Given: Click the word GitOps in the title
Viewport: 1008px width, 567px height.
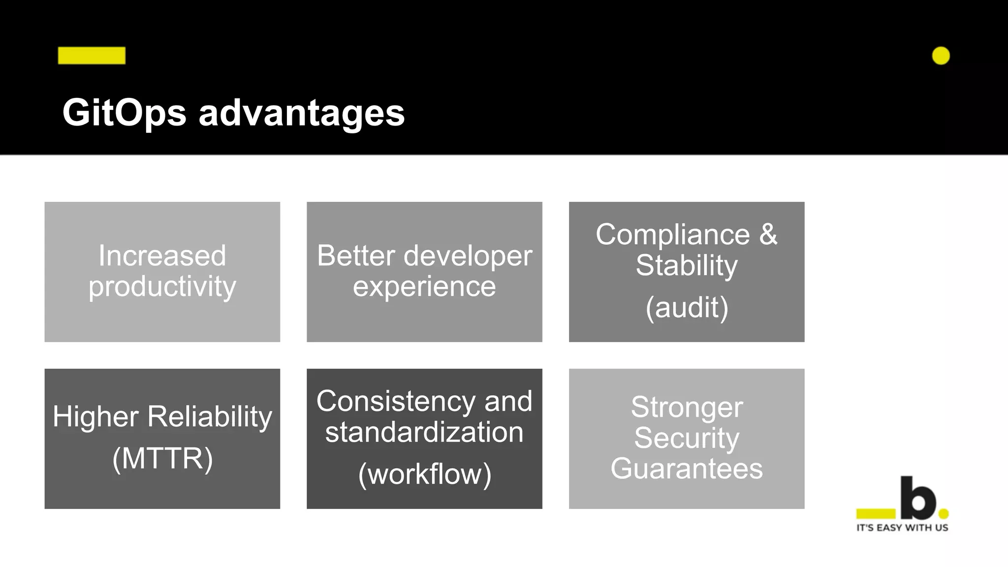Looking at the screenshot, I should (124, 113).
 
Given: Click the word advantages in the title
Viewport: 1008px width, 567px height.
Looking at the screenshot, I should (301, 113).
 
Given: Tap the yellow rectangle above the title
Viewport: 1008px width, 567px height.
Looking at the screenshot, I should (92, 56).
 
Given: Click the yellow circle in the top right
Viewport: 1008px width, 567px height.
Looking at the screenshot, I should (941, 56).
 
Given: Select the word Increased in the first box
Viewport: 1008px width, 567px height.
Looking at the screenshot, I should (162, 255).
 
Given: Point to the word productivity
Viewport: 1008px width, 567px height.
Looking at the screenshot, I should (162, 286).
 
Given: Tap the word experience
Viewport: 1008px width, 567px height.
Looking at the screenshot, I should (424, 286).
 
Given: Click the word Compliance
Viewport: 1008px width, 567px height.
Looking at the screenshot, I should (672, 234).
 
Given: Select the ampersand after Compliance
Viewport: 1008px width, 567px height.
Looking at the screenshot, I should (768, 234).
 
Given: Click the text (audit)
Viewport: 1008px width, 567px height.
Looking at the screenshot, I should (687, 308).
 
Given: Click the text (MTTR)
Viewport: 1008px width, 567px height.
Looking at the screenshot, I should (162, 459).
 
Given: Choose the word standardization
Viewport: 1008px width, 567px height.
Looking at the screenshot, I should (424, 432).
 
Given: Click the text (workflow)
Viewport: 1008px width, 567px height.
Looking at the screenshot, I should (424, 474).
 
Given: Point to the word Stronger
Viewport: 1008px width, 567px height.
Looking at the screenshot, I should (687, 408).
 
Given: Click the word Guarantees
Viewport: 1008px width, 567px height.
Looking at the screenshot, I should (687, 469).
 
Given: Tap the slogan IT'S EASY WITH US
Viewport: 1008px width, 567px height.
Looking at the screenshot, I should (902, 528).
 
